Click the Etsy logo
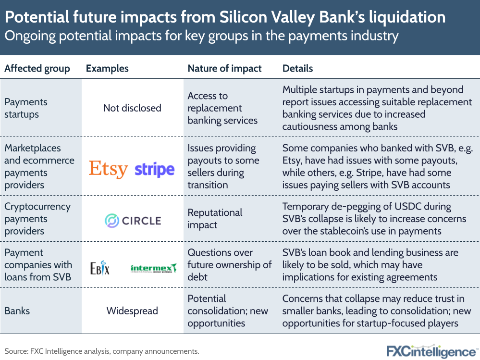(108, 169)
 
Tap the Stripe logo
(154, 170)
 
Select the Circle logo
(133, 221)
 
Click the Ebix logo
(100, 268)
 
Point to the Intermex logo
(154, 268)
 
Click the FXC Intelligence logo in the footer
(431, 350)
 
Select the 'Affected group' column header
(37, 68)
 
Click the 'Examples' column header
(107, 68)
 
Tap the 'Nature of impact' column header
(224, 68)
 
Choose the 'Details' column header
(297, 68)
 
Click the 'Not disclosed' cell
(132, 108)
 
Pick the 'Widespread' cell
(132, 311)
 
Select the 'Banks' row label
(17, 311)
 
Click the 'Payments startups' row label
(26, 108)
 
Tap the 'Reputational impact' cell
(215, 219)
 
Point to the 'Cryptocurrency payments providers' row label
(37, 219)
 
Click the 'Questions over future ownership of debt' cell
(230, 264)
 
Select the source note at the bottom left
(102, 351)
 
